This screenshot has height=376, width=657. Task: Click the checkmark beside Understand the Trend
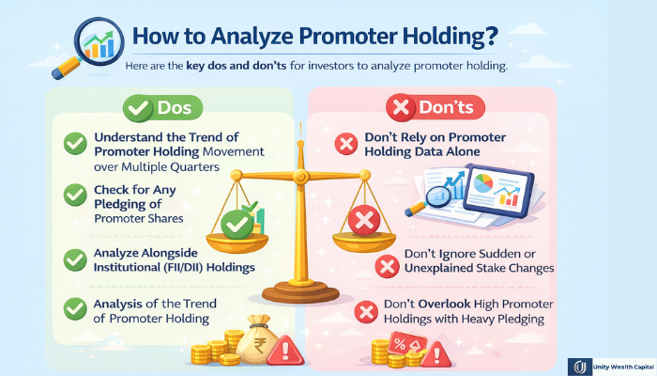pyautogui.click(x=75, y=144)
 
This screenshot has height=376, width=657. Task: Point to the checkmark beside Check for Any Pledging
pyautogui.click(x=75, y=195)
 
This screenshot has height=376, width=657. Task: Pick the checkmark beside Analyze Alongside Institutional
pyautogui.click(x=75, y=258)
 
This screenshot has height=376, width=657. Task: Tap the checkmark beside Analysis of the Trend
pyautogui.click(x=75, y=307)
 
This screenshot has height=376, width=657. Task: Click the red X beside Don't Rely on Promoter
pyautogui.click(x=345, y=144)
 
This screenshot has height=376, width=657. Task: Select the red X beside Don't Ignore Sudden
pyautogui.click(x=385, y=265)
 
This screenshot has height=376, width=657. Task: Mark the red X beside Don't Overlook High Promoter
pyautogui.click(x=365, y=311)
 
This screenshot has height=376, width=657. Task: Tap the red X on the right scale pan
pyautogui.click(x=361, y=222)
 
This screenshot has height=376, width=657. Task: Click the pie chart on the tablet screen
pyautogui.click(x=484, y=180)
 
